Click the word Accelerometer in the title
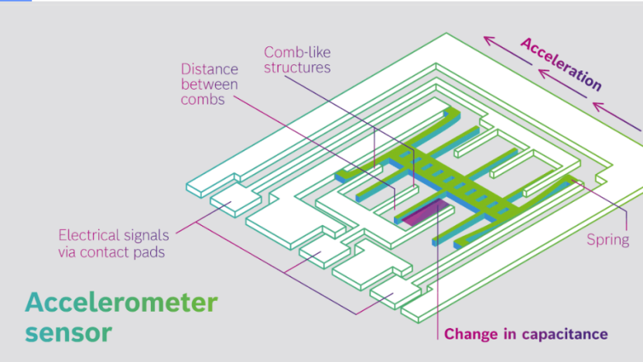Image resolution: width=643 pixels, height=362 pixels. pos(121,302)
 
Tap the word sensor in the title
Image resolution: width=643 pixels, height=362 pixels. pos(69,333)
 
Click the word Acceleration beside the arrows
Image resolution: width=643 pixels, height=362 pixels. pos(561,64)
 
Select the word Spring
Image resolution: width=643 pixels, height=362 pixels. pos(607,241)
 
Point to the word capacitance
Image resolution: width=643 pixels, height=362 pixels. pos(565,334)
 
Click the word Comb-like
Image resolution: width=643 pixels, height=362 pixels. pos(297,52)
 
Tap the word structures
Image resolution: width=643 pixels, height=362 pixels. pos(297,67)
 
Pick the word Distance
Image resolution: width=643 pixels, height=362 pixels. pos(210,69)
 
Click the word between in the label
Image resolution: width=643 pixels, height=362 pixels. pos(210,84)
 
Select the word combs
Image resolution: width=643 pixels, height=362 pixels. pos(203,100)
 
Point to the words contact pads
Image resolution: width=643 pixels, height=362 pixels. pos(122,252)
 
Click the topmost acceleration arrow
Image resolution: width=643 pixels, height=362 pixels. pos(508,51)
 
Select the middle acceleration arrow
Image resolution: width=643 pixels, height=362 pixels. pos(563,84)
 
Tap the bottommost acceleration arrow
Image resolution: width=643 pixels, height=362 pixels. pos(617,117)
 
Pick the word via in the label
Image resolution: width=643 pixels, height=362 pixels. pos(67,252)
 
